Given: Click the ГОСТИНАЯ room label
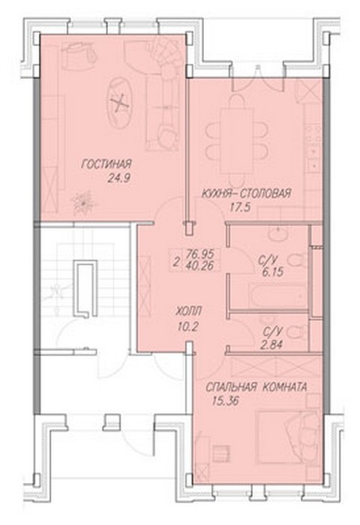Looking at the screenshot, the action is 106,164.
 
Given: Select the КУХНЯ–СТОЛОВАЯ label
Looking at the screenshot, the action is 246,193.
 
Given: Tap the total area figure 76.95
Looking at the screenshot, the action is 202,253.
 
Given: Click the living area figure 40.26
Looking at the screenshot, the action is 202,265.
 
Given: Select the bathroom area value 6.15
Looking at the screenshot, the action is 273,272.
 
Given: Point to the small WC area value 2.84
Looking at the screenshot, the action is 271,345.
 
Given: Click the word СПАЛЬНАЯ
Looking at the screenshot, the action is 231,388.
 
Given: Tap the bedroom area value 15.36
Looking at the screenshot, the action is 226,401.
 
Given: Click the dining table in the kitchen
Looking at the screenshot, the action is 237,141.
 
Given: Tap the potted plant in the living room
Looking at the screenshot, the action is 82,202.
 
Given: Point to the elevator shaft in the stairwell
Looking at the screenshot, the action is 85,289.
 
